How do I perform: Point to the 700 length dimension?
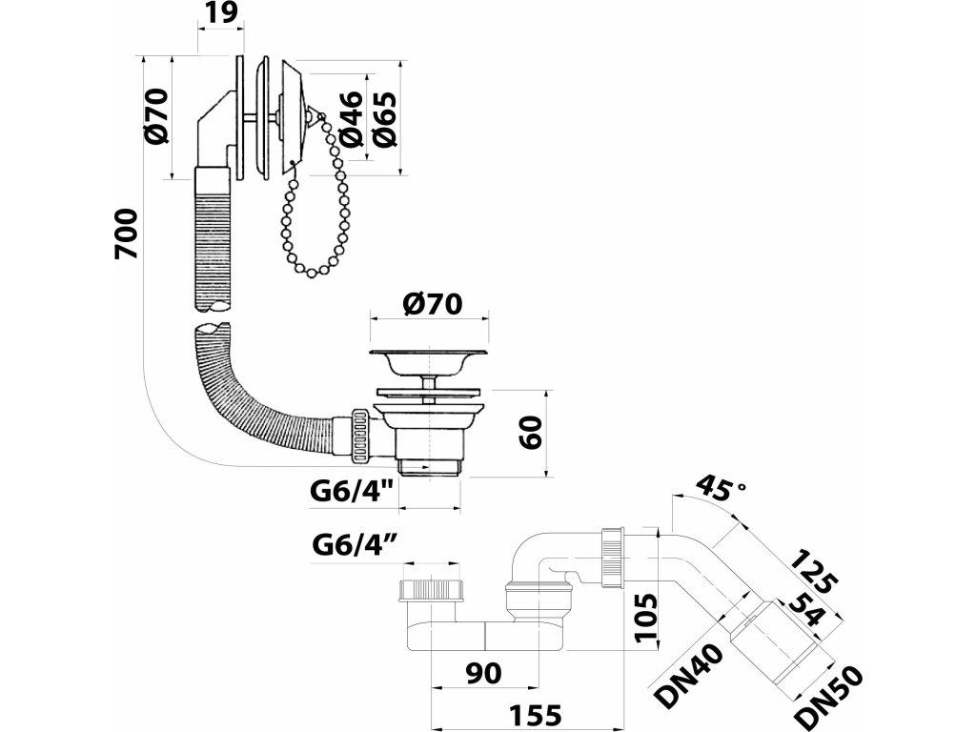click(127, 234)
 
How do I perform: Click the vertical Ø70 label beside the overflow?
click(158, 116)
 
